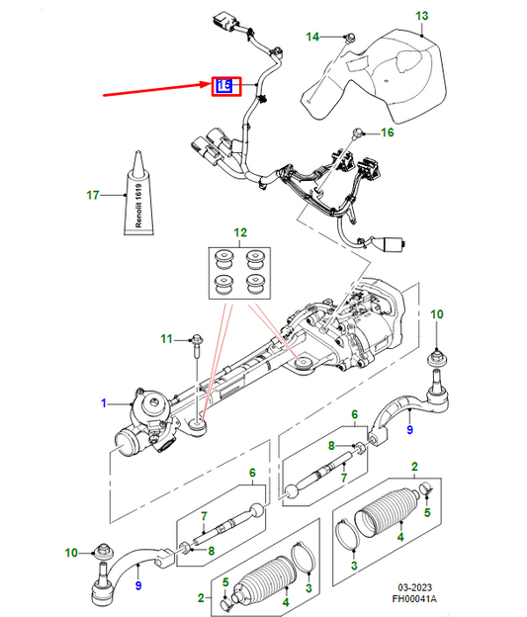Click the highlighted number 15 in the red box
click(224, 86)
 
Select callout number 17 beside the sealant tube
click(94, 195)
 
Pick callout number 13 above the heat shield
click(421, 16)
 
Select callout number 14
click(312, 38)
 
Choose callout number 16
click(387, 132)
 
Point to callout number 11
click(166, 339)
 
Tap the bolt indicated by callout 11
click(195, 345)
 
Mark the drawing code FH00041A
click(465, 599)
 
